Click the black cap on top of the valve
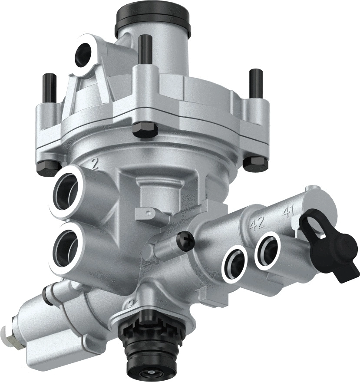[x=152, y=19]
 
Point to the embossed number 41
[x=288, y=211]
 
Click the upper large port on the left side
[x=68, y=191]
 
